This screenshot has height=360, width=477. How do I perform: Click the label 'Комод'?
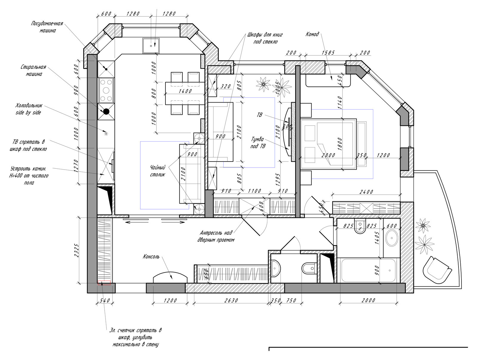click(312, 34)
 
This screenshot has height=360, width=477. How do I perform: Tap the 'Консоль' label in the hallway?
click(151, 257)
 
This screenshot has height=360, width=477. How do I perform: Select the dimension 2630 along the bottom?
click(231, 300)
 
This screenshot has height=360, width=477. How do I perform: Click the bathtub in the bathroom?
click(368, 270)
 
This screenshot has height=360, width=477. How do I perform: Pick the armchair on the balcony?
click(437, 270)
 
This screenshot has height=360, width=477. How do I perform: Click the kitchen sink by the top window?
click(151, 46)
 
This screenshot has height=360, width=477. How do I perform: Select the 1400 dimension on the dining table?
click(185, 91)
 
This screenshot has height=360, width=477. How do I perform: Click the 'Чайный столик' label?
click(158, 171)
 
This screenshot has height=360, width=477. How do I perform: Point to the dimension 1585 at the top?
click(328, 52)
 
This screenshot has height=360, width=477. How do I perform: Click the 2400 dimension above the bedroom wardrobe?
click(366, 192)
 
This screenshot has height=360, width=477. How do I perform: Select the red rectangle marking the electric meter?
click(104, 283)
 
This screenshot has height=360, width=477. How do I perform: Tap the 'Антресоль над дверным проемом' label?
click(216, 236)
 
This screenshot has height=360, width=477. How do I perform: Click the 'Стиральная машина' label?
click(33, 70)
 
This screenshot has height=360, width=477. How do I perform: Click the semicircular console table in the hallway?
click(170, 277)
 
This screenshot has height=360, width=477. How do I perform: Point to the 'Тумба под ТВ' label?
click(258, 143)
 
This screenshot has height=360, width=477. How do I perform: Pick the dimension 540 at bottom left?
click(105, 300)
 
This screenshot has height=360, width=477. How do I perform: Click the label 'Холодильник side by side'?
click(29, 109)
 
